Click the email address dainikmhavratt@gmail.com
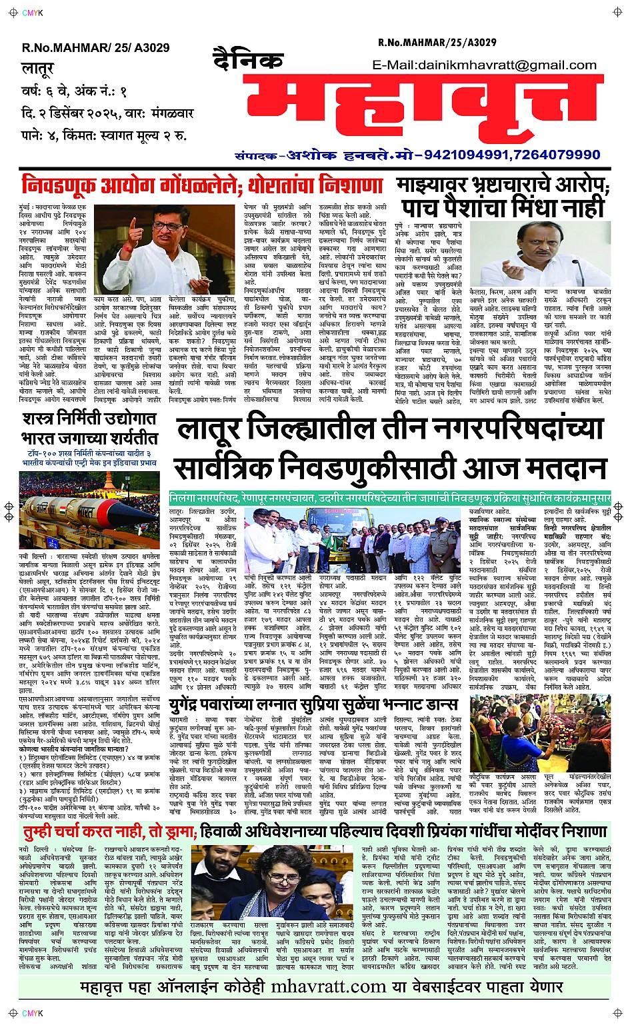[x=485, y=65]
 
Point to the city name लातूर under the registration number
[x=37, y=69]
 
